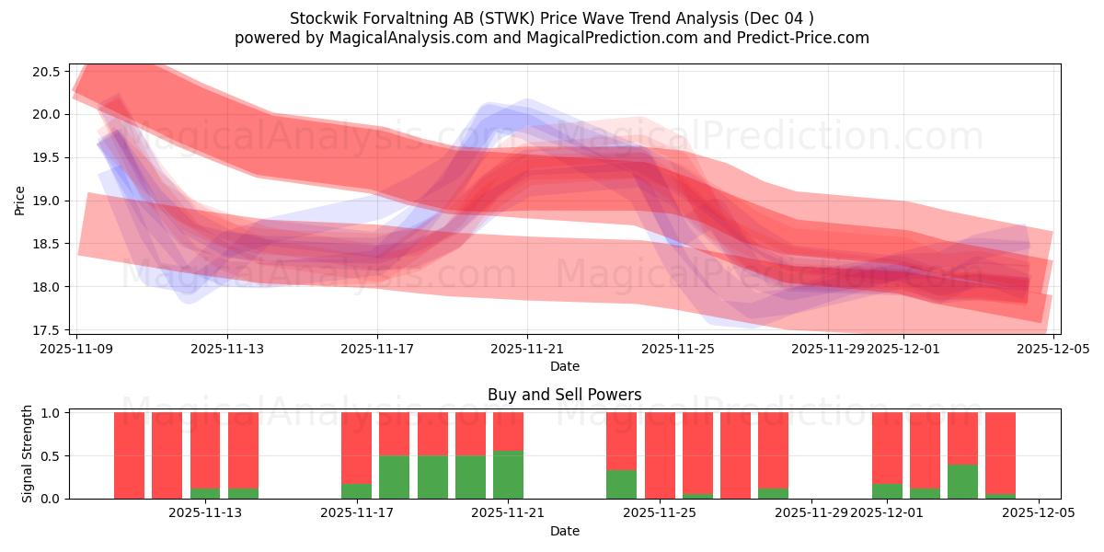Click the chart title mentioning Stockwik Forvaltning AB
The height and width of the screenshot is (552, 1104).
coord(552,18)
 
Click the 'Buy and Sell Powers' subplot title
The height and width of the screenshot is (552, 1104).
coord(564,395)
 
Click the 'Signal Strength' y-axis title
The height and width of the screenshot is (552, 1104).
coord(28,454)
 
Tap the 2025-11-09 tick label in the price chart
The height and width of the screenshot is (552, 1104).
coord(77,350)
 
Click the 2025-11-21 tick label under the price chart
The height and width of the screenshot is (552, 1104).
coord(527,350)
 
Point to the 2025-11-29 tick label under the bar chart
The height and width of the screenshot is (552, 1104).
coord(811,513)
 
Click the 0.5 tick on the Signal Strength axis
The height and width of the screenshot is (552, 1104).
coord(52,455)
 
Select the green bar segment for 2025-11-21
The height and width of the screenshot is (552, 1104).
coord(508,475)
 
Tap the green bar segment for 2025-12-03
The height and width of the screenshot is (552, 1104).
coord(962,481)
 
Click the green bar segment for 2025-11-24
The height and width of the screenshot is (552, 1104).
coord(622,484)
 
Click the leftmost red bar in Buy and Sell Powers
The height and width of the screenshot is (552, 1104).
coord(129,454)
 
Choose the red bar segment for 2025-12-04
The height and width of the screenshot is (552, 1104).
coord(1000,451)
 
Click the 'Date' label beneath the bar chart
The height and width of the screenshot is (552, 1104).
coord(564,531)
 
